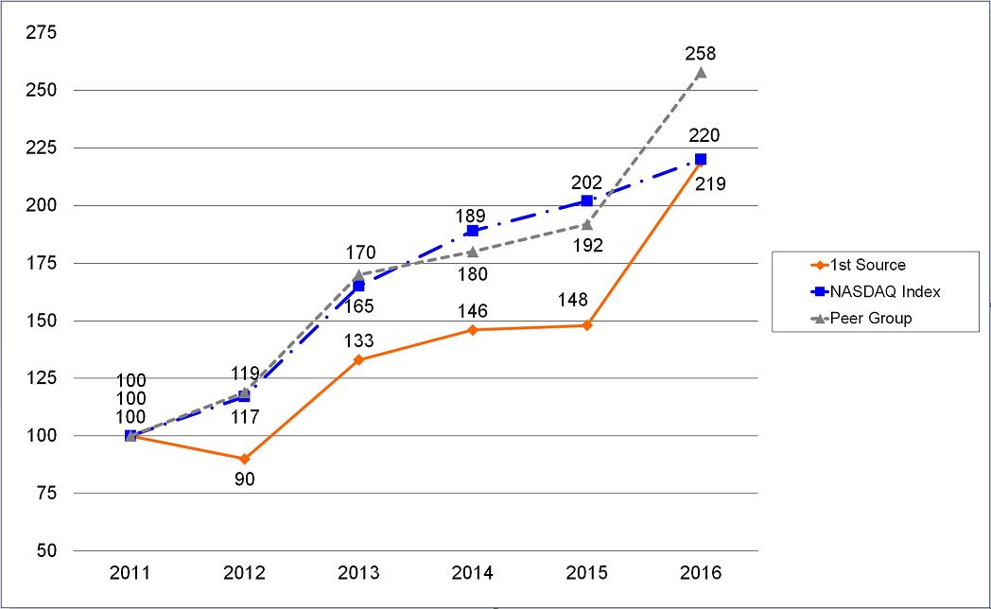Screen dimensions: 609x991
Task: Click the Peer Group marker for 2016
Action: [x=701, y=72]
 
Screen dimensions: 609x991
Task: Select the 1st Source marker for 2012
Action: [x=245, y=459]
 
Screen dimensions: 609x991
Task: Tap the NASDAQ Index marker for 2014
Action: [x=473, y=231]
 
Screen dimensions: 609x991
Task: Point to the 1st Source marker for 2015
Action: [x=587, y=325]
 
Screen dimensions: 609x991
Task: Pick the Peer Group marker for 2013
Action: [x=358, y=275]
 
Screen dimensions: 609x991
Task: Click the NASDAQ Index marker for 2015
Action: [x=587, y=200]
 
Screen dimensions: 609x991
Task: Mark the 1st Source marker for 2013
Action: [x=358, y=360]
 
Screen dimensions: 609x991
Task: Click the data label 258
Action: [x=701, y=54]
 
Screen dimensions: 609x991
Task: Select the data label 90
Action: [x=245, y=479]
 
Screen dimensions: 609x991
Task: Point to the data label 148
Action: [x=573, y=301]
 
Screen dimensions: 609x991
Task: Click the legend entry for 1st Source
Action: [x=867, y=265]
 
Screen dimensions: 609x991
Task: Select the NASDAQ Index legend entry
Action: [x=884, y=291]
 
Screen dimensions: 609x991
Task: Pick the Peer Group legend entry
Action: [x=871, y=318]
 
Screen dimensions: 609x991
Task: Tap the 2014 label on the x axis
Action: [x=473, y=573]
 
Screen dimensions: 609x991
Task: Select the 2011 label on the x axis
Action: [x=130, y=573]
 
